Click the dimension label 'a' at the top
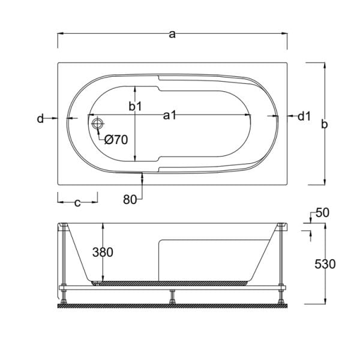(x=172, y=34)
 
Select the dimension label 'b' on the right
(x=324, y=124)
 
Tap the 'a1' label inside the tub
(x=170, y=116)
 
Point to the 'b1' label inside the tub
(x=136, y=106)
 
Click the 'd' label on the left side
(x=40, y=119)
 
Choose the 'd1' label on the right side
(x=304, y=116)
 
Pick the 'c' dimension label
(x=77, y=203)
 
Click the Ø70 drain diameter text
(x=116, y=140)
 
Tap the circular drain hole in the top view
(x=98, y=124)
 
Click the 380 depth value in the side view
(x=103, y=253)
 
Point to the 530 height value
(x=325, y=264)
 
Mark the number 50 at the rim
(x=322, y=213)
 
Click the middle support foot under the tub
(x=172, y=296)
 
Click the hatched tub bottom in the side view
(x=174, y=281)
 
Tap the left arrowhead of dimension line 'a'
(x=59, y=34)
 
